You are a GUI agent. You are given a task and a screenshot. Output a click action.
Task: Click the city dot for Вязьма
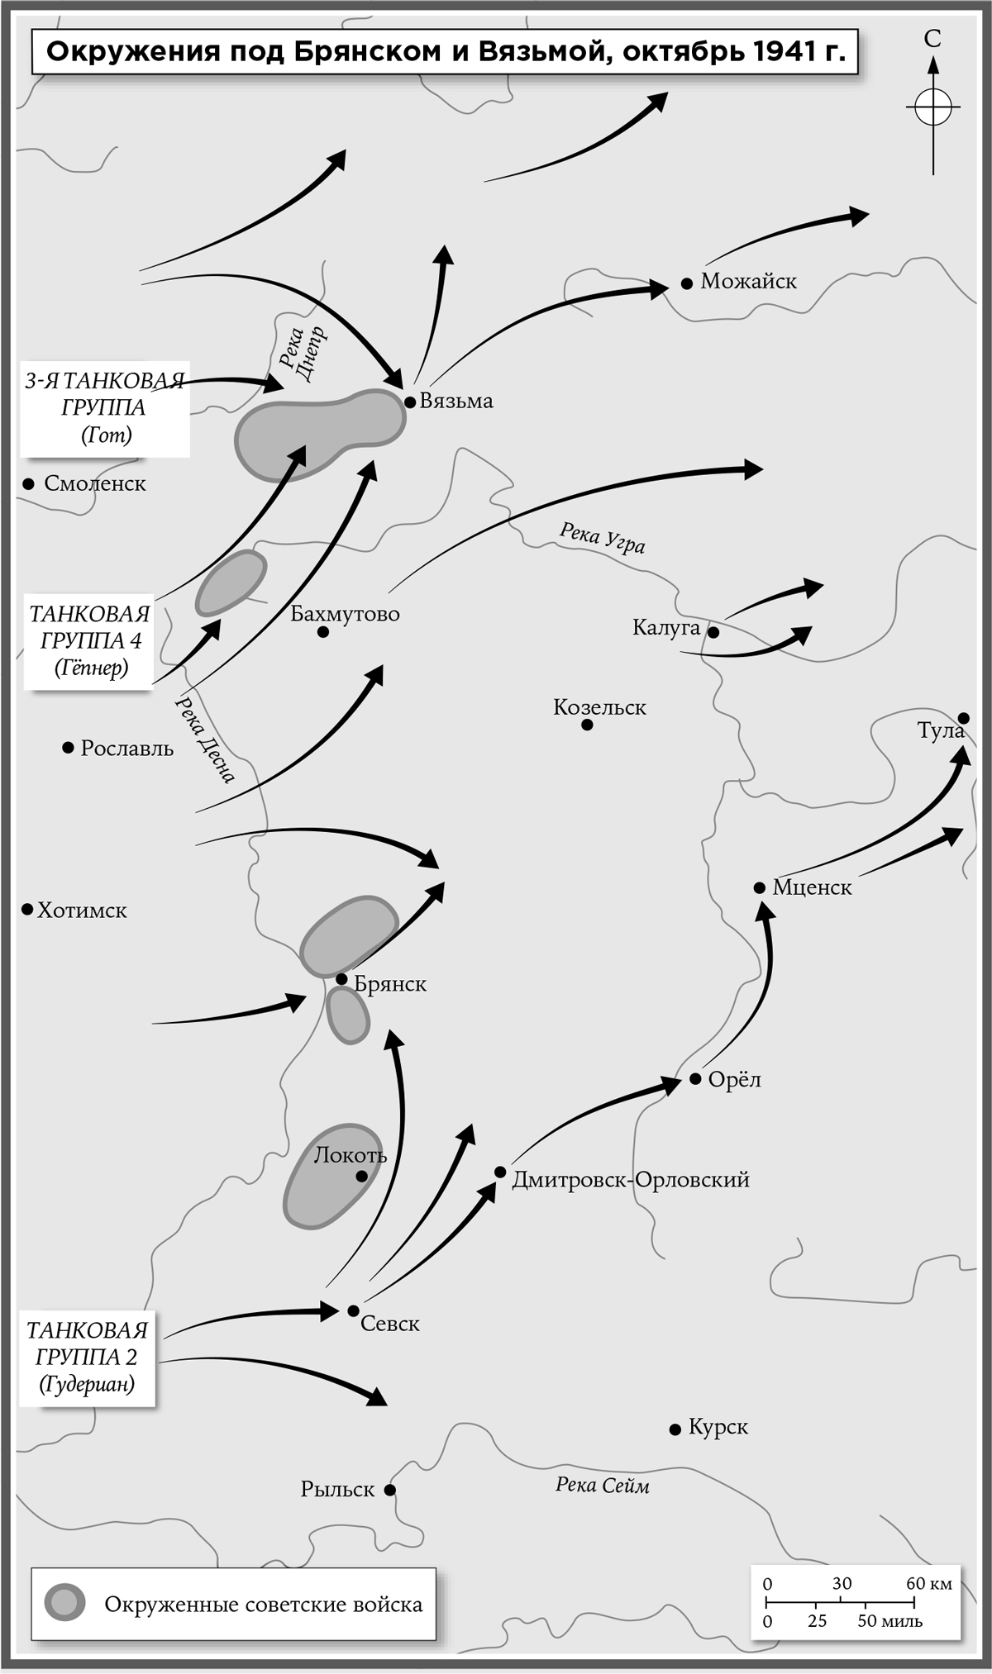pyautogui.click(x=410, y=402)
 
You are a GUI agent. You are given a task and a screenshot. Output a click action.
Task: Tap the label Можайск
pyautogui.click(x=748, y=282)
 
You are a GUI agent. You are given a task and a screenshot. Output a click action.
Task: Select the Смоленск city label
pyautogui.click(x=94, y=484)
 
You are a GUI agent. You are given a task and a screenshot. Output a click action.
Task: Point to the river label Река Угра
pyautogui.click(x=602, y=538)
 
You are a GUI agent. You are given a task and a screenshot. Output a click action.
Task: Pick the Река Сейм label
pyautogui.click(x=602, y=1486)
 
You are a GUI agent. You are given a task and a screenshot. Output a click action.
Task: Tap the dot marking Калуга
pyautogui.click(x=713, y=633)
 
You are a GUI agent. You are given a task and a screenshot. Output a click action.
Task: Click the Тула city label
pyautogui.click(x=940, y=731)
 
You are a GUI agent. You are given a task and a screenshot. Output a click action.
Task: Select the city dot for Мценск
pyautogui.click(x=759, y=887)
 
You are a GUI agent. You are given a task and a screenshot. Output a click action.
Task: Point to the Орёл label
pyautogui.click(x=734, y=1080)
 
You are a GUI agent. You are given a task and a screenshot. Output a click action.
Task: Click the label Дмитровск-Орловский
pyautogui.click(x=630, y=1180)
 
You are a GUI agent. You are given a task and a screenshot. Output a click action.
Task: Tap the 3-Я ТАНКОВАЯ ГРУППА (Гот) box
pyautogui.click(x=104, y=408)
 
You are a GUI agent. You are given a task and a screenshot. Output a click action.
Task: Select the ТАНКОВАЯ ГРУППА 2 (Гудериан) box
pyautogui.click(x=88, y=1357)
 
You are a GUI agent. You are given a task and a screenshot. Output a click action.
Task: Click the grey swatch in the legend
pyautogui.click(x=65, y=1604)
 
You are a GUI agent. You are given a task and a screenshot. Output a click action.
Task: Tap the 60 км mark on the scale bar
pyautogui.click(x=928, y=1583)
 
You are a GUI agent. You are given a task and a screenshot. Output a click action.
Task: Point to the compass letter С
pyautogui.click(x=932, y=39)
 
